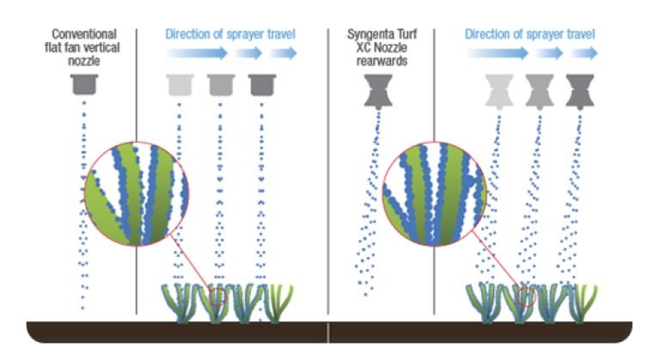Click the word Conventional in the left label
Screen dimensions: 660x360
tap(84, 34)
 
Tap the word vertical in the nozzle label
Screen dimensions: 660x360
tap(101, 47)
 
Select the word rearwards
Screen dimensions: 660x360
tap(382, 62)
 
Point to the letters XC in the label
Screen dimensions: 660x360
tap(364, 47)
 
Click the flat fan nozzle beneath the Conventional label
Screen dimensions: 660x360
tap(84, 85)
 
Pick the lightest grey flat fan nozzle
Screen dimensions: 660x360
tap(180, 85)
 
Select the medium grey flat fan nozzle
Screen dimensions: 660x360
tap(221, 85)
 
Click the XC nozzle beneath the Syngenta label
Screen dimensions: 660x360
tap(378, 91)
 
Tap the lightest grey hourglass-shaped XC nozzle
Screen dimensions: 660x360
tap(499, 92)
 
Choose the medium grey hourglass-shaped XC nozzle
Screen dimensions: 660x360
tap(540, 92)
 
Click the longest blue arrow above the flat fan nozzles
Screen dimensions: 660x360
tap(197, 53)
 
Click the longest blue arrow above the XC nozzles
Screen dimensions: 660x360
tap(497, 53)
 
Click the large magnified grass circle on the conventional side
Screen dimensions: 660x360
tap(137, 193)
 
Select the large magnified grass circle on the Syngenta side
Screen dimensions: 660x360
tap(434, 193)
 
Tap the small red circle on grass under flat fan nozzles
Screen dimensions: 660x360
tap(218, 296)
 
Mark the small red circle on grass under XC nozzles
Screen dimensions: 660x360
tap(526, 296)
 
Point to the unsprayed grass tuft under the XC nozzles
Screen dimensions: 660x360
tap(583, 303)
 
